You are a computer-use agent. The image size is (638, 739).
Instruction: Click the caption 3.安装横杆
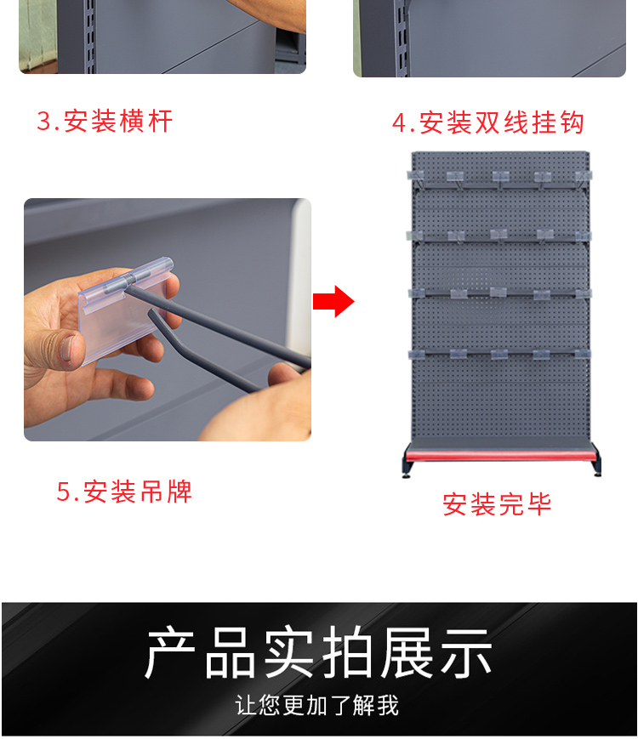click(105, 122)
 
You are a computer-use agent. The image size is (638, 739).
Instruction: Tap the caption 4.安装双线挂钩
click(488, 123)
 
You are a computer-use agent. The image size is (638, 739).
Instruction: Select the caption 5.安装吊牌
click(124, 492)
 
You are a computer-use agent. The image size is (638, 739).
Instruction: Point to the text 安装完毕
click(497, 504)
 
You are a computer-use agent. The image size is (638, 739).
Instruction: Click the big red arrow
click(333, 301)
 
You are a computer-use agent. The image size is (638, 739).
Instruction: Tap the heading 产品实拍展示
click(318, 653)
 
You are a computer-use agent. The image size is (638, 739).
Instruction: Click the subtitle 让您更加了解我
click(317, 706)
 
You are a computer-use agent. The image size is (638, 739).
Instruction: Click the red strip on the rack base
click(500, 455)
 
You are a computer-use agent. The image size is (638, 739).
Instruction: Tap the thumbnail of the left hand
click(69, 348)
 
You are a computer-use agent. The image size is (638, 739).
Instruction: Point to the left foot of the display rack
click(406, 469)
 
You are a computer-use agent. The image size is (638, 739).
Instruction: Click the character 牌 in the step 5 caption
click(179, 492)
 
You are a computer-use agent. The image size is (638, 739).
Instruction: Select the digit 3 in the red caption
click(43, 122)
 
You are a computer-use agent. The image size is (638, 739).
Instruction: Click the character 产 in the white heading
click(170, 653)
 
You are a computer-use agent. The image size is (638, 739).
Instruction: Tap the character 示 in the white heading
click(466, 653)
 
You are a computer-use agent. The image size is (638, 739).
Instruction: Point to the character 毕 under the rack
click(538, 504)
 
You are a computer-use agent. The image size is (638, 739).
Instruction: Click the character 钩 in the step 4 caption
click(572, 123)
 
